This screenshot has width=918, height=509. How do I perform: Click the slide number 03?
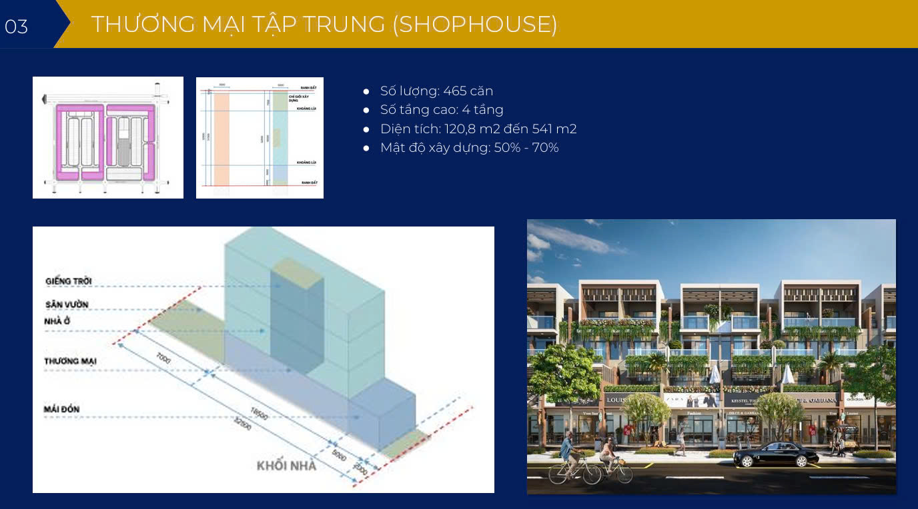pos(16,26)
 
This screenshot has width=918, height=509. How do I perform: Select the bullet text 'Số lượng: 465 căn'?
pos(436,91)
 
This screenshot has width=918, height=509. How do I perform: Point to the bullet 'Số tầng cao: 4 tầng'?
pos(442,109)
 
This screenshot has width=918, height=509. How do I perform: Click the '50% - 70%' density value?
pos(526,147)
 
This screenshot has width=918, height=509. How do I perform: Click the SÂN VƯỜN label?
pos(67,304)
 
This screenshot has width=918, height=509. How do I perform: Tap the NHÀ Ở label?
pos(58,321)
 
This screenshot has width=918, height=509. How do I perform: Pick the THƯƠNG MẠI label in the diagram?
pos(71,360)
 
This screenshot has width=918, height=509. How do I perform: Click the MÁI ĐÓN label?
pos(63,408)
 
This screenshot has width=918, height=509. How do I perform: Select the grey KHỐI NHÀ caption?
pos(286,466)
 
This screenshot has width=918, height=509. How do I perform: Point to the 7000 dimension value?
pos(163,358)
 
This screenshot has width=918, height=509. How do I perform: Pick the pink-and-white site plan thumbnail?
pos(108,137)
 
